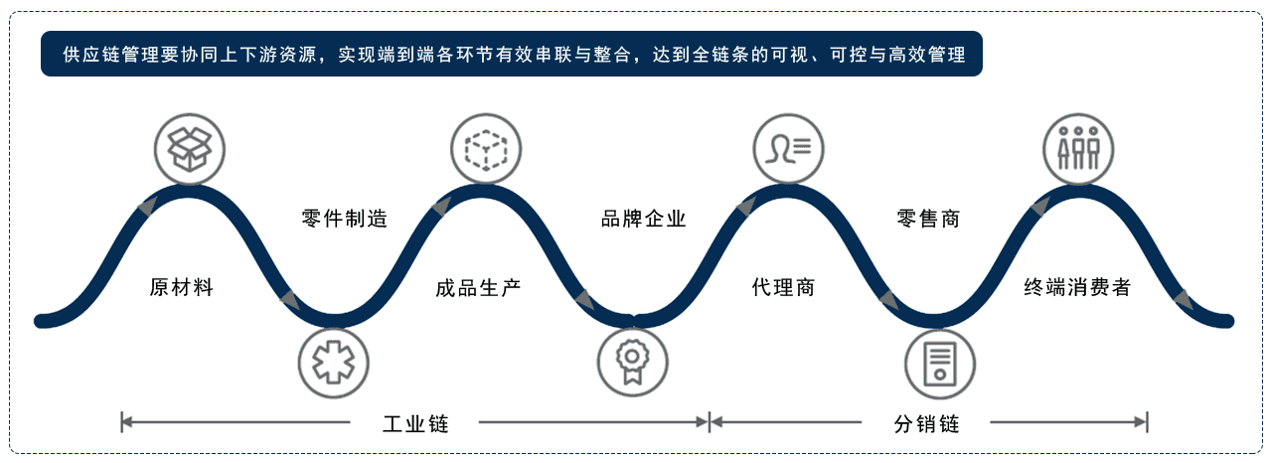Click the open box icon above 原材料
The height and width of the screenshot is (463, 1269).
tap(190, 149)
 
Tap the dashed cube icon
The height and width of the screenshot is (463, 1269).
tap(486, 149)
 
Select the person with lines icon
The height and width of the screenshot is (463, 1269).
tap(788, 149)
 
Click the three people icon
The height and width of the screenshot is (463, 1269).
tap(1078, 149)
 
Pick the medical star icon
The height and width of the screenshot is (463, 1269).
tap(334, 363)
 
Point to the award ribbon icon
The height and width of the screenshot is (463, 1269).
tap(633, 363)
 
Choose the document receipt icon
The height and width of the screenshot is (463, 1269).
tap(940, 364)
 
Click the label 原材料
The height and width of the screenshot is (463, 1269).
tap(181, 287)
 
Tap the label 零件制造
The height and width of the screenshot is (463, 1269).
tap(345, 219)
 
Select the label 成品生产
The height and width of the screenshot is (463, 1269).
tap(478, 288)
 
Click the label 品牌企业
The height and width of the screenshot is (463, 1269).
tap(644, 219)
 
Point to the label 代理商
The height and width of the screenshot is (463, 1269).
tap(783, 287)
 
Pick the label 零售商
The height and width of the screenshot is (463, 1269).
tap(928, 219)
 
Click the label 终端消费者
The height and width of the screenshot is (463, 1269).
tap(1077, 287)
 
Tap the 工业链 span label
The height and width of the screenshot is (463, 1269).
tap(415, 423)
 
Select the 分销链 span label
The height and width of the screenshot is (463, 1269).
tap(927, 423)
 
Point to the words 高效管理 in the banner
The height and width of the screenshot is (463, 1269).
tap(927, 55)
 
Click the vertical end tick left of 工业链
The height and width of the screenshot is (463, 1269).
tap(122, 422)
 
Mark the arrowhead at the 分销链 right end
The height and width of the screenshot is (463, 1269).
tap(1140, 422)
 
